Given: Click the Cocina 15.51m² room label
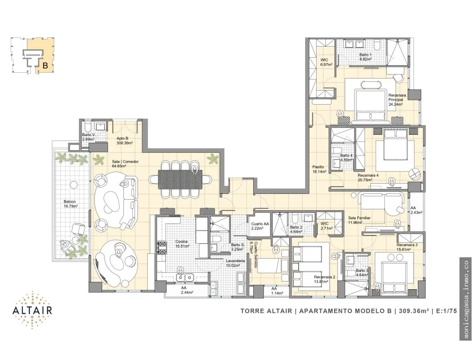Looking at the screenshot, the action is pyautogui.click(x=182, y=244).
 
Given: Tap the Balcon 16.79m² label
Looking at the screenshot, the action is pyautogui.click(x=70, y=204).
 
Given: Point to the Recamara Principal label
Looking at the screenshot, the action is pyautogui.click(x=397, y=99).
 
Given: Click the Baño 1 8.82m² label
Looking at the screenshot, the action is pyautogui.click(x=366, y=57).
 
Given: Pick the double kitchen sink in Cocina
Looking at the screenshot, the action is pyautogui.click(x=184, y=277).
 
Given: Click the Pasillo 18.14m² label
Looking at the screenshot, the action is pyautogui.click(x=319, y=169).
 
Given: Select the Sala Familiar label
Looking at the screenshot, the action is pyautogui.click(x=359, y=220).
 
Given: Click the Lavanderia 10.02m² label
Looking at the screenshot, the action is pyautogui.click(x=235, y=263).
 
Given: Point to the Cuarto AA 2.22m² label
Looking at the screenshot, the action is pyautogui.click(x=260, y=226).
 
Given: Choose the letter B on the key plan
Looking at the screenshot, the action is pyautogui.click(x=46, y=65).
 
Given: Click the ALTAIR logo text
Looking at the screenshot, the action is pyautogui.click(x=32, y=310).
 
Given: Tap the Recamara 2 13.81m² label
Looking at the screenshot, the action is pyautogui.click(x=324, y=279).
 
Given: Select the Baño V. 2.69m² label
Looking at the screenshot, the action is pyautogui.click(x=88, y=137).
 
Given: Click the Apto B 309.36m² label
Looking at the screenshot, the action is pyautogui.click(x=124, y=141).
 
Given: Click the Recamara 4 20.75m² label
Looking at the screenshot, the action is pyautogui.click(x=368, y=177).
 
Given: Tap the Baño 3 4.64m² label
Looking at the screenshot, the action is pyautogui.click(x=362, y=273).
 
